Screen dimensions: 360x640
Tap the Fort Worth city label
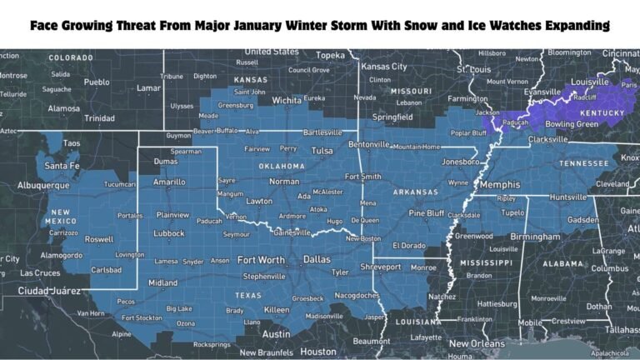click(x=261, y=259)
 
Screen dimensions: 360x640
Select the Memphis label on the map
click(x=497, y=184)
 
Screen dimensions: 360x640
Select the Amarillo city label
click(x=169, y=181)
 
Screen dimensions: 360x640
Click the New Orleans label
click(x=477, y=343)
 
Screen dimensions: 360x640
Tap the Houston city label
click(x=317, y=352)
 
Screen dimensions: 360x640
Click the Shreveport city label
click(x=380, y=267)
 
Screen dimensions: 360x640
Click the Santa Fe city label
click(x=62, y=165)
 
